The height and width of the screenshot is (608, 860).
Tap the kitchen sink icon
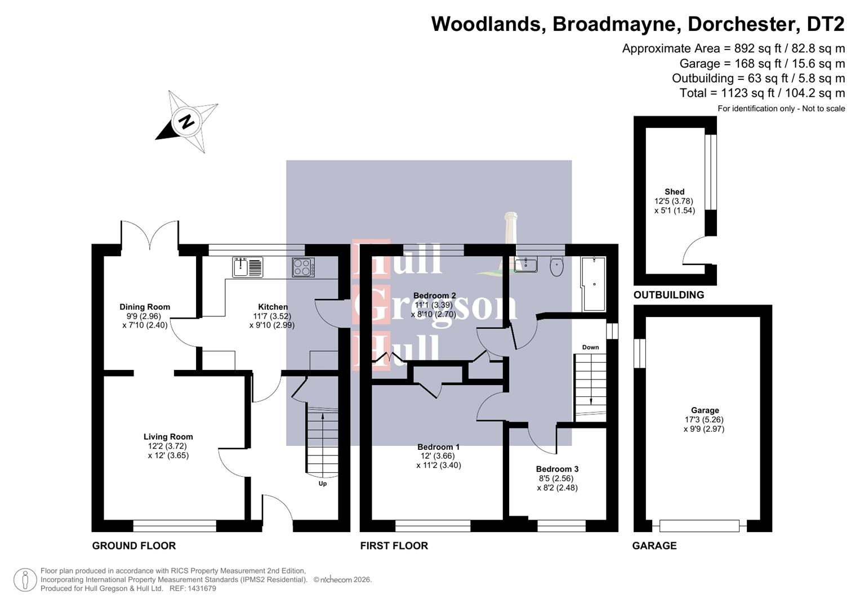(x=247, y=267)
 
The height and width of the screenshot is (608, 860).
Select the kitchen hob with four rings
(x=304, y=267)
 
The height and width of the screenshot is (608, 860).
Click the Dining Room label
(x=145, y=307)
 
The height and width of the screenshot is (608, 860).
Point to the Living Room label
(x=168, y=436)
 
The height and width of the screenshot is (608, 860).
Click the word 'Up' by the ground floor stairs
(x=323, y=484)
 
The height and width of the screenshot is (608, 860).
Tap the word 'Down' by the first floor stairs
(x=590, y=347)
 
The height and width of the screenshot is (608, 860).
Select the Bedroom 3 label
(x=557, y=469)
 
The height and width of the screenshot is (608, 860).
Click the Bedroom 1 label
(x=438, y=447)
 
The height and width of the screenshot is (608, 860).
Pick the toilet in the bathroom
(x=556, y=266)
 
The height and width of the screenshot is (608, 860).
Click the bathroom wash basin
(x=525, y=264)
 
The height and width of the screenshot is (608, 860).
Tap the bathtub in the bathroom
(x=594, y=284)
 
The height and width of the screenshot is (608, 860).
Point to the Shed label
(x=674, y=191)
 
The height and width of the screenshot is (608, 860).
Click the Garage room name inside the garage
(x=705, y=410)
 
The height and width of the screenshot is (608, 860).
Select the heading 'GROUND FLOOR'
(x=134, y=546)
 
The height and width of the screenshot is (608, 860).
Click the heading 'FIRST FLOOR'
(x=394, y=546)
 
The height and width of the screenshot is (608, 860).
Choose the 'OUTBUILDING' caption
(x=669, y=295)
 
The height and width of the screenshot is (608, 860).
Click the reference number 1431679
(x=200, y=588)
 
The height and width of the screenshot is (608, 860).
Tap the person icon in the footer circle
(x=25, y=580)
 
